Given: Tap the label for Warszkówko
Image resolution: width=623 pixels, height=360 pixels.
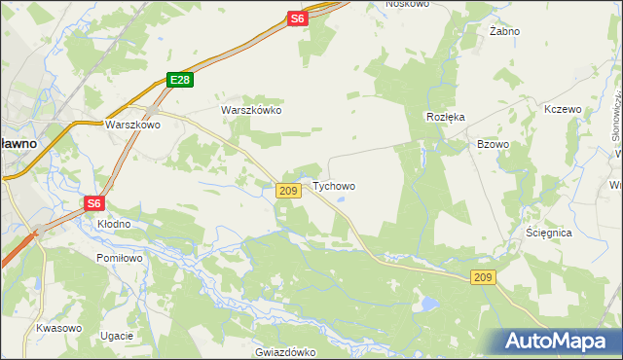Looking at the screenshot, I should coord(251,110).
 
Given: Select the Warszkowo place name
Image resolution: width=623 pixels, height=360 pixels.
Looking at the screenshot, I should coord(132,125).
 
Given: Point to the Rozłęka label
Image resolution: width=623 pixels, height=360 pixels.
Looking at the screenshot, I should coord(446,116).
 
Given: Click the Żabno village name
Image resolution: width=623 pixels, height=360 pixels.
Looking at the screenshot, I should coord(504,31).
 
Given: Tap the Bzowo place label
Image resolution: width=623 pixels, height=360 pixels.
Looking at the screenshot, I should coord(493,144).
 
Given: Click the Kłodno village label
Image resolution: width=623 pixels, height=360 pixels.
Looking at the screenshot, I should coord(114,223).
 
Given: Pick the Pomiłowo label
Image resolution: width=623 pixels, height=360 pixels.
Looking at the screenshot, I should coord(120,258).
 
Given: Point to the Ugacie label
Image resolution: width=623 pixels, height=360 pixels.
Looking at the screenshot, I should coord(116,336).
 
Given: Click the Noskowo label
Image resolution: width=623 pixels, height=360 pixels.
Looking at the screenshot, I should coord(407,4).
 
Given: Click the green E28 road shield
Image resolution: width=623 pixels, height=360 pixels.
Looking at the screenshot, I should coord(178,80).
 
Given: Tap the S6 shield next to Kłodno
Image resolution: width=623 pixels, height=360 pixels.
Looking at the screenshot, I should coord(93,203).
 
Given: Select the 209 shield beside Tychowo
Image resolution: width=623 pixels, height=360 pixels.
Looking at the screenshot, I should coord(287,191).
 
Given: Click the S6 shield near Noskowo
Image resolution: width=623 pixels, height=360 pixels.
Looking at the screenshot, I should coord(297,18).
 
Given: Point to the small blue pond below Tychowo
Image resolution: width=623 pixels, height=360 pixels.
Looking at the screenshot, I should coord(341,202).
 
